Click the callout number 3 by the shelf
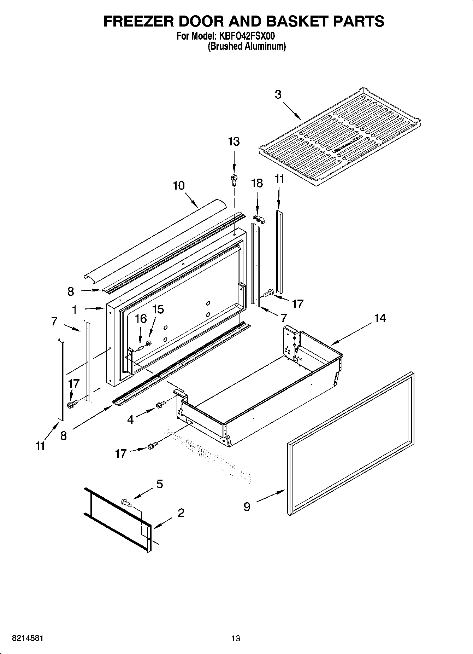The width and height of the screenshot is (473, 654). pyautogui.click(x=278, y=95)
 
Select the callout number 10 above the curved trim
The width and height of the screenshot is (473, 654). pyautogui.click(x=179, y=185)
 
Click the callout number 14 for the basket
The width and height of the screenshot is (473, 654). pyautogui.click(x=380, y=318)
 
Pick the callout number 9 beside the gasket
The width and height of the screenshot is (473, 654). pyautogui.click(x=247, y=507)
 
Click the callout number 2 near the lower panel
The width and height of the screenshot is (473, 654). pyautogui.click(x=181, y=513)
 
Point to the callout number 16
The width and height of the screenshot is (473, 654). pyautogui.click(x=141, y=319)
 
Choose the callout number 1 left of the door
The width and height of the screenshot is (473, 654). pyautogui.click(x=75, y=310)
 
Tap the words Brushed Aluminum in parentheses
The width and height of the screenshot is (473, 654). pyautogui.click(x=246, y=46)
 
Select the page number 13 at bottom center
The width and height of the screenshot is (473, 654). pyautogui.click(x=236, y=638)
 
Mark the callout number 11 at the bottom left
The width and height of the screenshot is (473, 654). pyautogui.click(x=40, y=446)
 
